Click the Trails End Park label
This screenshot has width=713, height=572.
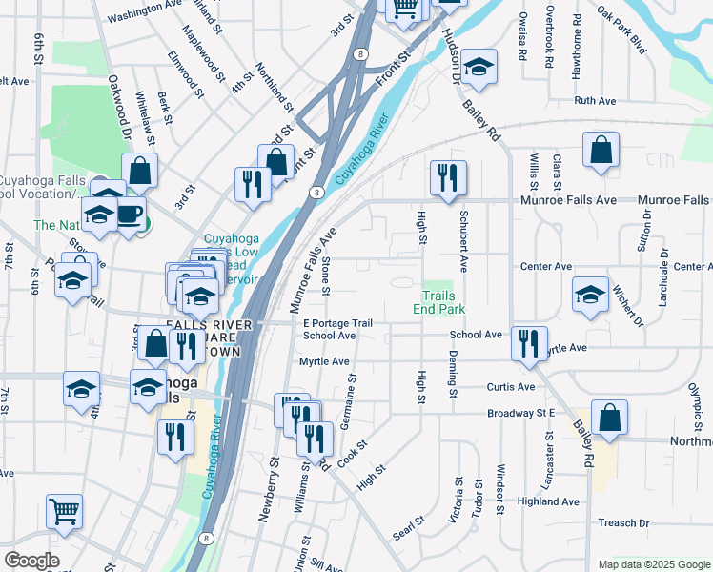[x=438, y=302]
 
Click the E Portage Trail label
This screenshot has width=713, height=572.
[x=336, y=324]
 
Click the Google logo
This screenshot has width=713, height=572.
[x=31, y=561]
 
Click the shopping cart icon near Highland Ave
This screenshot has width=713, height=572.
[x=64, y=511]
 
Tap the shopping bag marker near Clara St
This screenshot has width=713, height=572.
[x=601, y=149]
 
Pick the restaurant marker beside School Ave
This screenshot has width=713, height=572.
[x=528, y=343]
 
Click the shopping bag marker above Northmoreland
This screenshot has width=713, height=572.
[x=609, y=417]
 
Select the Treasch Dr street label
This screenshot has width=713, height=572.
[x=623, y=523]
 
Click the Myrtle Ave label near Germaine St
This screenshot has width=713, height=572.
[x=324, y=362]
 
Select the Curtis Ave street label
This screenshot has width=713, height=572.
[x=511, y=387]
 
